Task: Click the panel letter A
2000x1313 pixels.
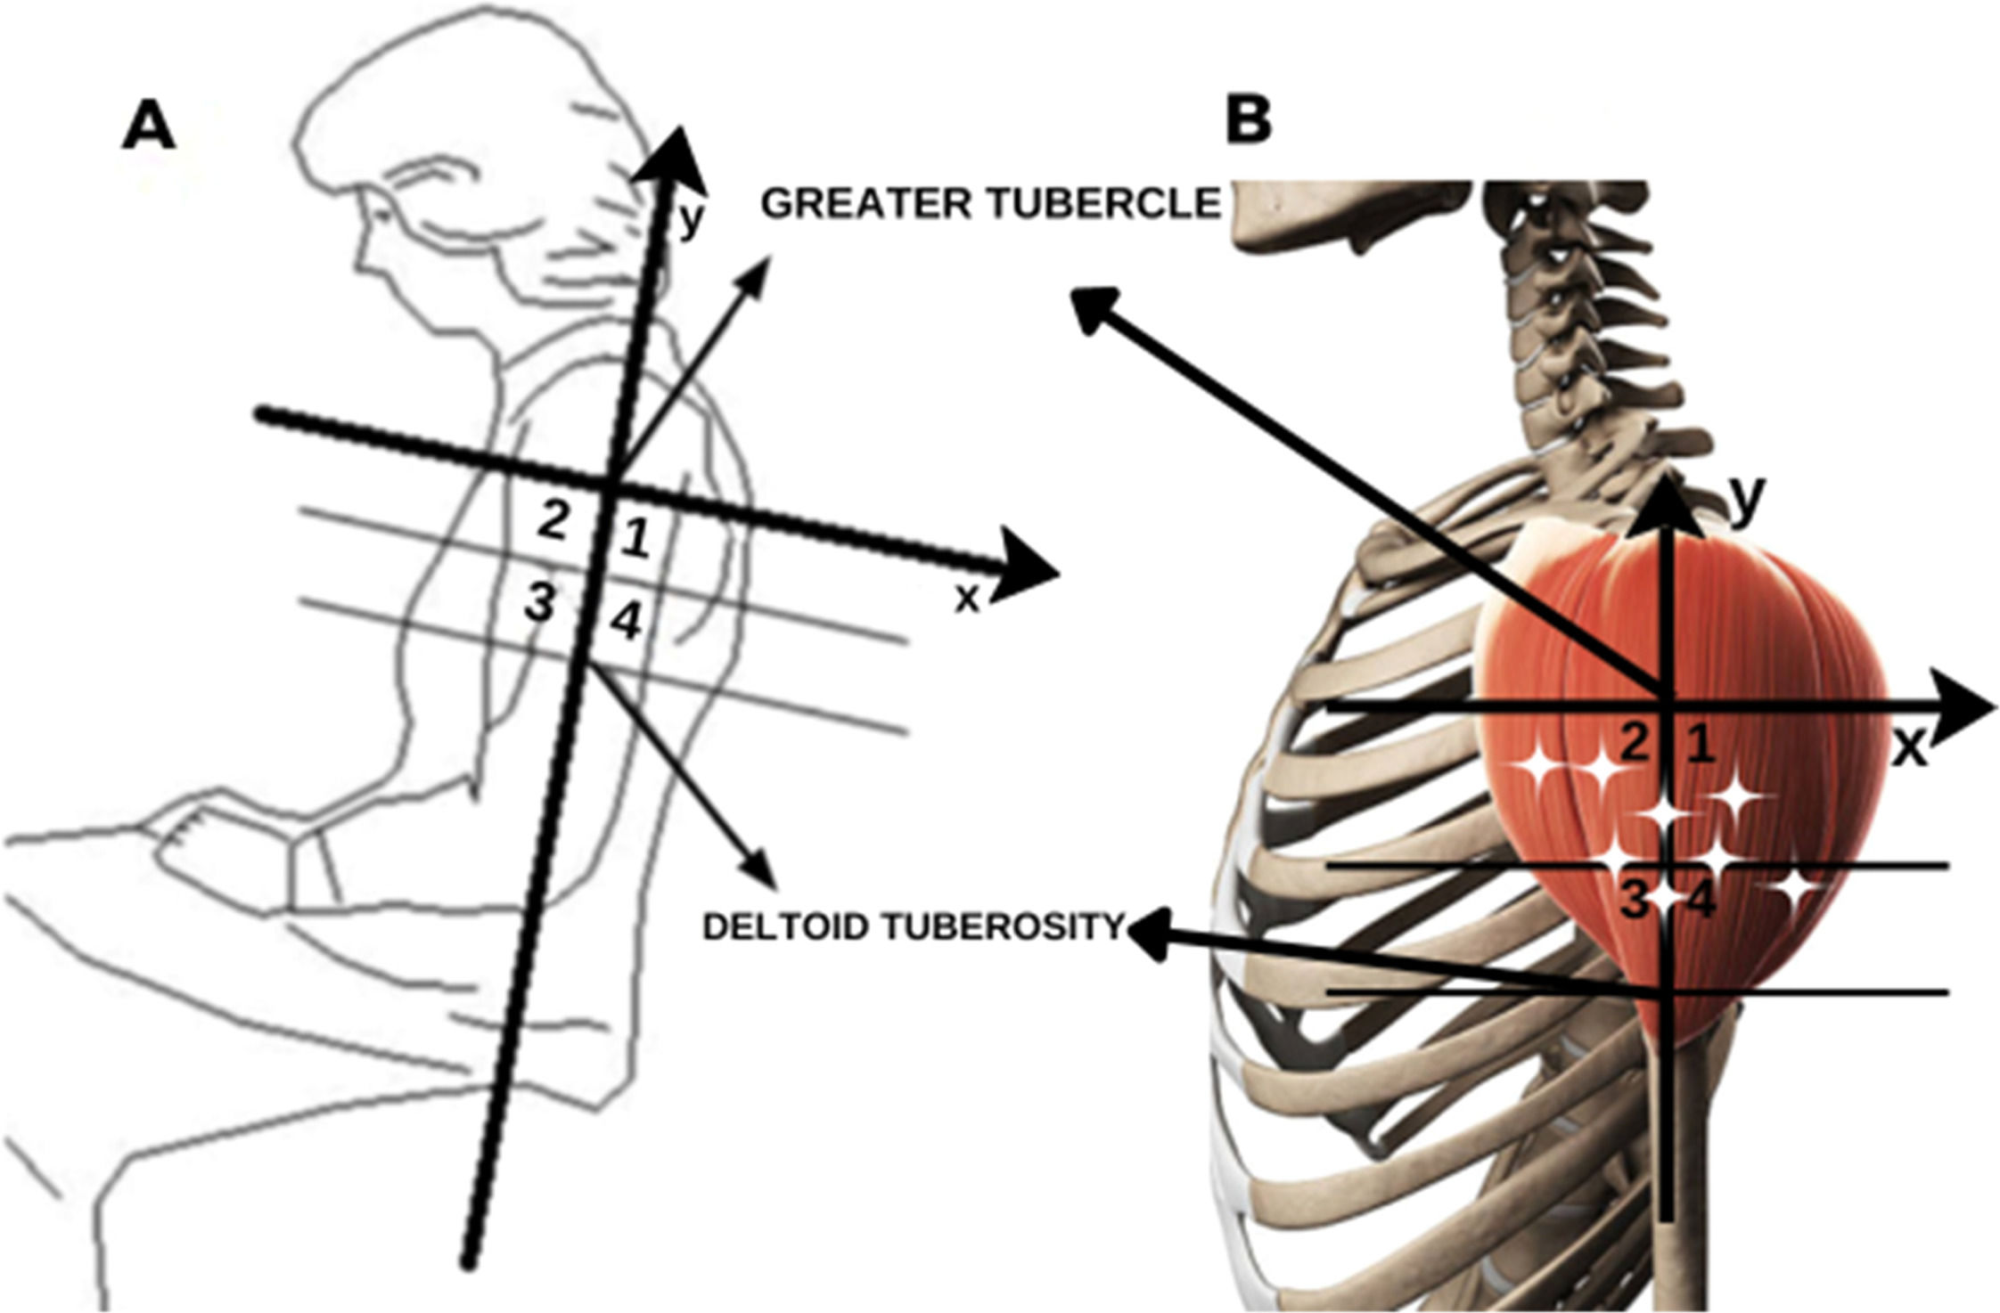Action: pos(149,127)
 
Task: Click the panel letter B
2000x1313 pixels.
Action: pos(1249,120)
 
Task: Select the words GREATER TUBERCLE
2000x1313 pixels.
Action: pos(989,204)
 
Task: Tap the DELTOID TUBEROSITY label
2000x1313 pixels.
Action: pos(913,927)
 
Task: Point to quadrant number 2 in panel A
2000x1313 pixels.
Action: pos(553,521)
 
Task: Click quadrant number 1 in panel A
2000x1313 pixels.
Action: pos(634,540)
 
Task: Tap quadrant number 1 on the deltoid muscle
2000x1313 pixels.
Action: pos(1700,744)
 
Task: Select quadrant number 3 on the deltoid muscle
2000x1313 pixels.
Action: pos(1634,901)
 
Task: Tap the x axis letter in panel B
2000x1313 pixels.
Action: pos(1907,749)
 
